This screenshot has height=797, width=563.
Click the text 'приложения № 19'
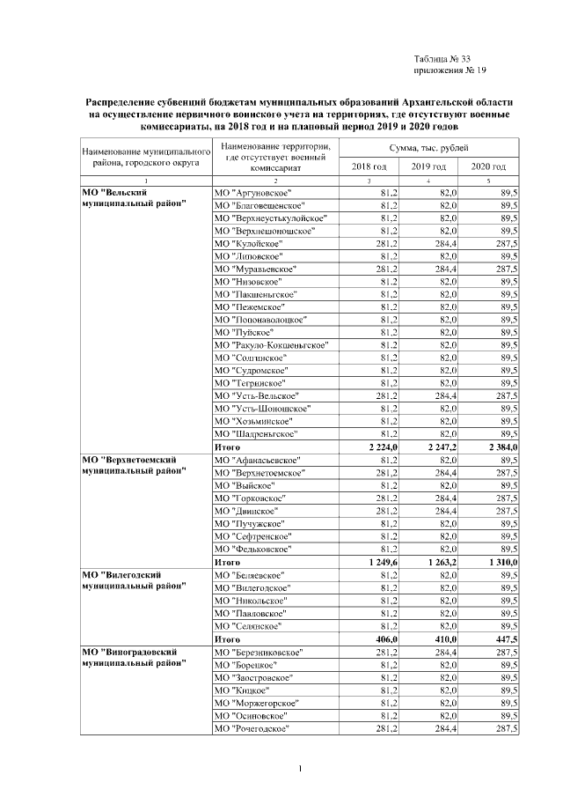(450, 70)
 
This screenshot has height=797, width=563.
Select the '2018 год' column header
(369, 166)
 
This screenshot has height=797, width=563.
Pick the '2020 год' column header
(488, 166)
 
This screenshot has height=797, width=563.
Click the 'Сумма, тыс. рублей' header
(428, 146)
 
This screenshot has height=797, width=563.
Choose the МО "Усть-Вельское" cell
(260, 396)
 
